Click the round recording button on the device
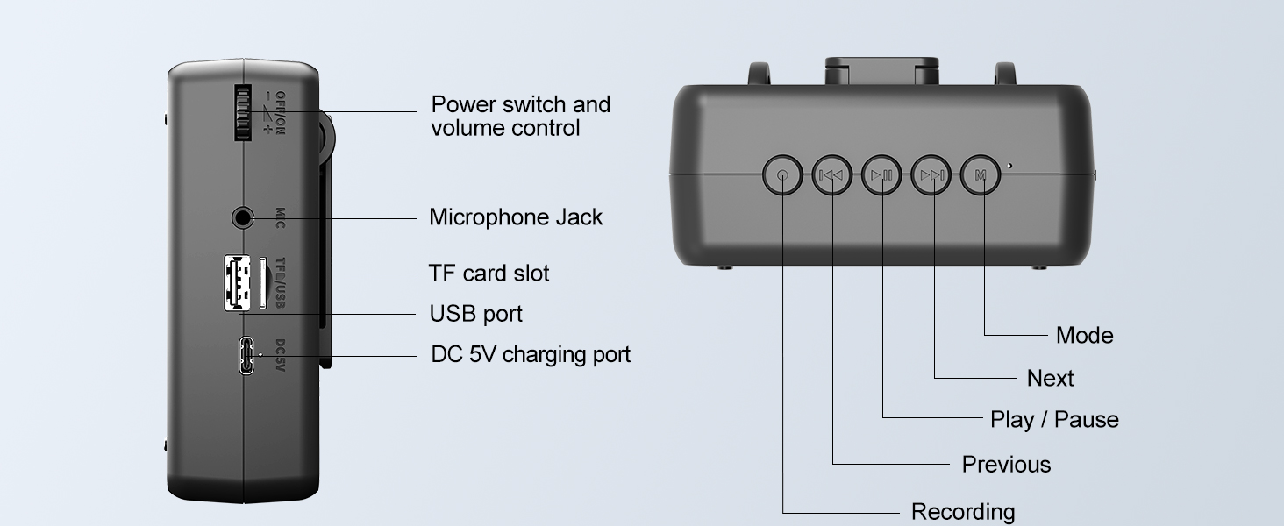pyautogui.click(x=782, y=175)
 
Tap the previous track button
pyautogui.click(x=831, y=175)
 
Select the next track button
pyautogui.click(x=931, y=175)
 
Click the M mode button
pyautogui.click(x=981, y=175)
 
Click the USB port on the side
pyautogui.click(x=235, y=281)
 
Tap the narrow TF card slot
pyautogui.click(x=262, y=281)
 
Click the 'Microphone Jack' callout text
pyautogui.click(x=516, y=217)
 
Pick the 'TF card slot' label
pyautogui.click(x=489, y=274)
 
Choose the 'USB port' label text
pyautogui.click(x=475, y=314)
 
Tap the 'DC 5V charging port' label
pyautogui.click(x=531, y=355)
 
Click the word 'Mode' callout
pyautogui.click(x=1084, y=336)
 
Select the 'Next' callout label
pyautogui.click(x=1050, y=379)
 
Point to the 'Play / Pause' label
pyautogui.click(x=1054, y=420)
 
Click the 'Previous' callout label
pyautogui.click(x=1006, y=465)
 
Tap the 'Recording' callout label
pyautogui.click(x=963, y=512)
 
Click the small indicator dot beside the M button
pyautogui.click(x=1009, y=165)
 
